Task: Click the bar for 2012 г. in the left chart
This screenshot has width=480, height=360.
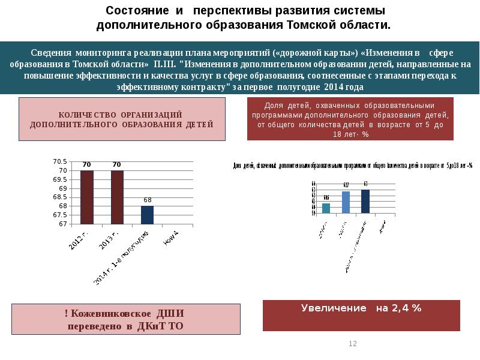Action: [x=87, y=197]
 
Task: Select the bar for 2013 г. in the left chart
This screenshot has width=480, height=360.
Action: [x=117, y=197]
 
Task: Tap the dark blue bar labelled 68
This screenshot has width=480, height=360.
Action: [x=147, y=215]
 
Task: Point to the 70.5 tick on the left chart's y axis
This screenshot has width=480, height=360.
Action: [x=60, y=162]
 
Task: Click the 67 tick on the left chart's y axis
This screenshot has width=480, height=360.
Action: [x=63, y=224]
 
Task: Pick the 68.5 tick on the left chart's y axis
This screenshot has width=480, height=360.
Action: [x=61, y=197]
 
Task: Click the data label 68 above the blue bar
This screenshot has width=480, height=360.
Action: [x=147, y=200]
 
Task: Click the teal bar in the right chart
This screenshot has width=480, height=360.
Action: [x=326, y=208]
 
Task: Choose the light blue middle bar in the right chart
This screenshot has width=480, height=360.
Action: [x=346, y=202]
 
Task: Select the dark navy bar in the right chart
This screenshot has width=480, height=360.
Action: [x=365, y=201]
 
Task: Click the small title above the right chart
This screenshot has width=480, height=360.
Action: [x=353, y=166]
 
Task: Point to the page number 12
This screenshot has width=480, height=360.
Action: [x=353, y=344]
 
